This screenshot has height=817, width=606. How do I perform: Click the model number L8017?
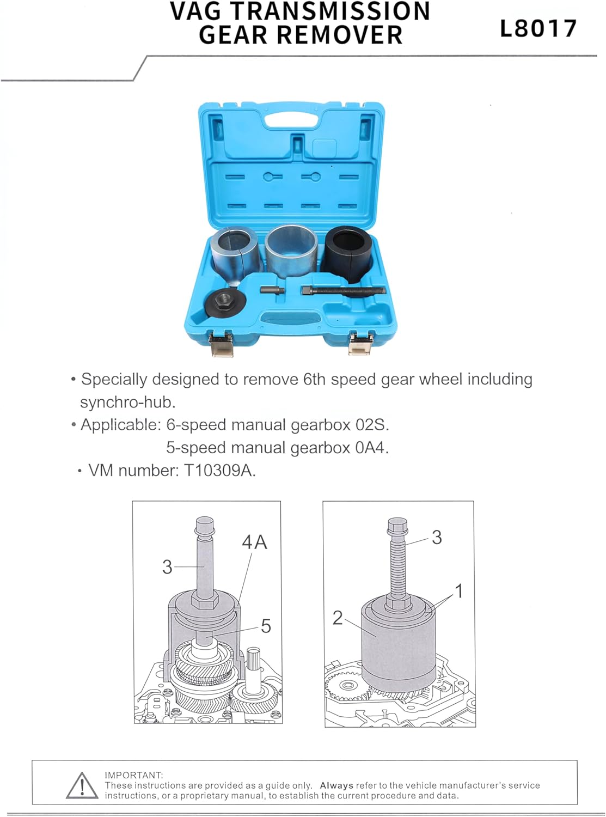pyautogui.click(x=538, y=28)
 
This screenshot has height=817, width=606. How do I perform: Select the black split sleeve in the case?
pyautogui.click(x=349, y=254)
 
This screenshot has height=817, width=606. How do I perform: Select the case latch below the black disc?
pyautogui.click(x=222, y=344)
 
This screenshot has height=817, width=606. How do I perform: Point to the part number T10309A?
pyautogui.click(x=219, y=470)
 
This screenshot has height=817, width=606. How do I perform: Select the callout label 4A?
pyautogui.click(x=254, y=542)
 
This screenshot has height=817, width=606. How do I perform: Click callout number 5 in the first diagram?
pyautogui.click(x=266, y=626)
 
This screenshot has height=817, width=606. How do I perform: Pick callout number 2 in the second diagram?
pyautogui.click(x=338, y=618)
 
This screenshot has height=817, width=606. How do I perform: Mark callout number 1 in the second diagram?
pyautogui.click(x=459, y=591)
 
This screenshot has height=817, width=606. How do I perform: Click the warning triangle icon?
pyautogui.click(x=82, y=785)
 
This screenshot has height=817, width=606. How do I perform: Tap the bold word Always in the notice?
pyautogui.click(x=336, y=785)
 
